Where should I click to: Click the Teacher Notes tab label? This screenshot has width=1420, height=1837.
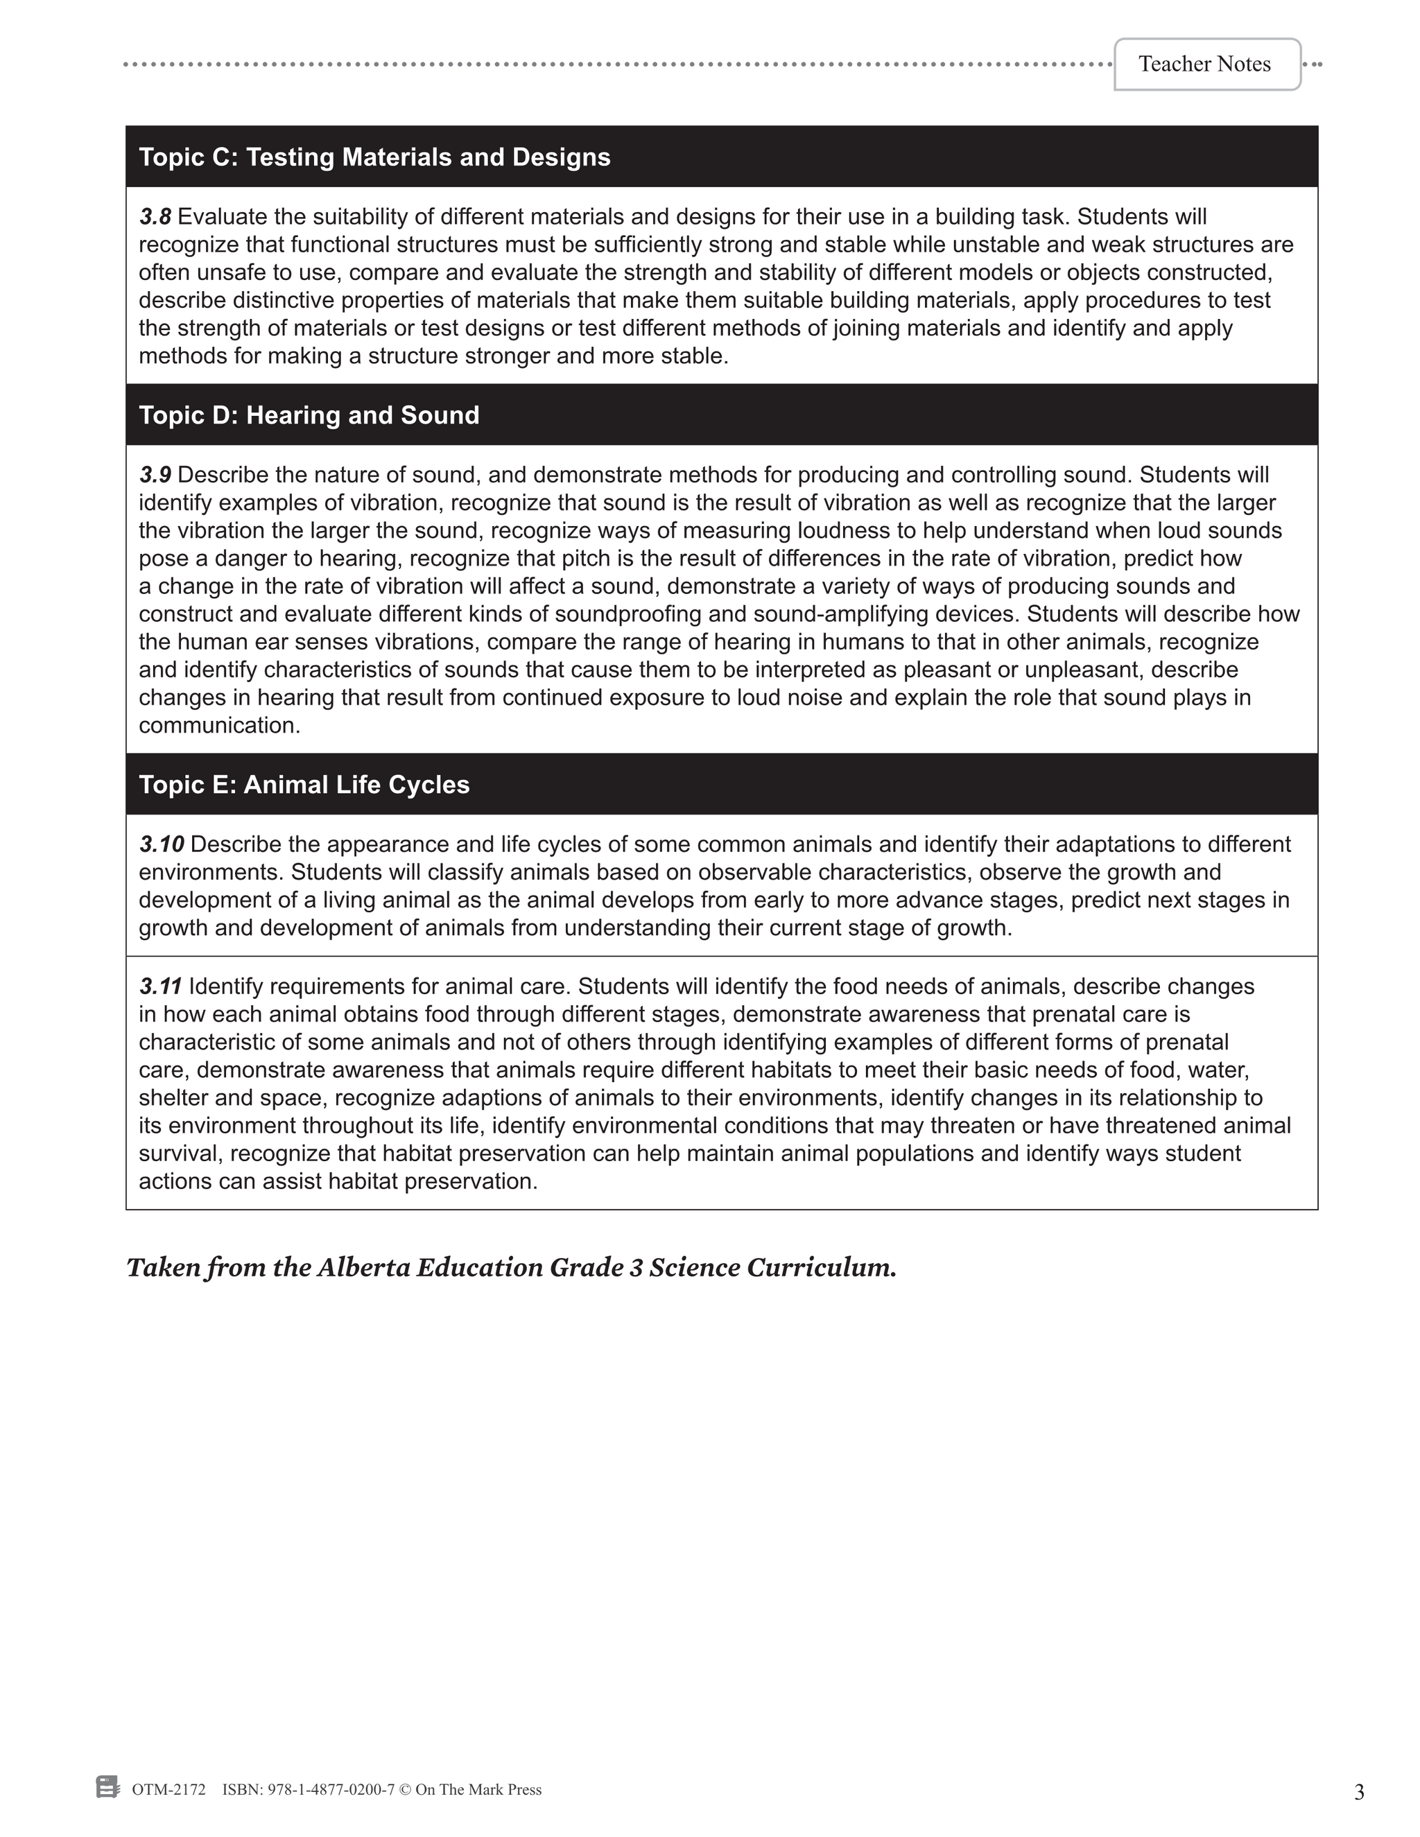coord(1204,64)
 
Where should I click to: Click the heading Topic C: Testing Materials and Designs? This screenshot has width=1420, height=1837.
coord(374,157)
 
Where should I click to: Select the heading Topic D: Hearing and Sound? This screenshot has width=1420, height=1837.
coord(309,415)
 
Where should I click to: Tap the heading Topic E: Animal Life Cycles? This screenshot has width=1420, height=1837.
coord(304,785)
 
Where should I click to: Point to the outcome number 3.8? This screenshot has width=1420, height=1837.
coord(155,217)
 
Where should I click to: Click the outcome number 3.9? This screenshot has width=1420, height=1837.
coord(155,476)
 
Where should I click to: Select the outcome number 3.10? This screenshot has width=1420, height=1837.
coord(162,844)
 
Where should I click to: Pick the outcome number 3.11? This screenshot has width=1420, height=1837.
coord(160,986)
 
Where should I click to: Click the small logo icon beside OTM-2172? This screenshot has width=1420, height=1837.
coord(107,1787)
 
